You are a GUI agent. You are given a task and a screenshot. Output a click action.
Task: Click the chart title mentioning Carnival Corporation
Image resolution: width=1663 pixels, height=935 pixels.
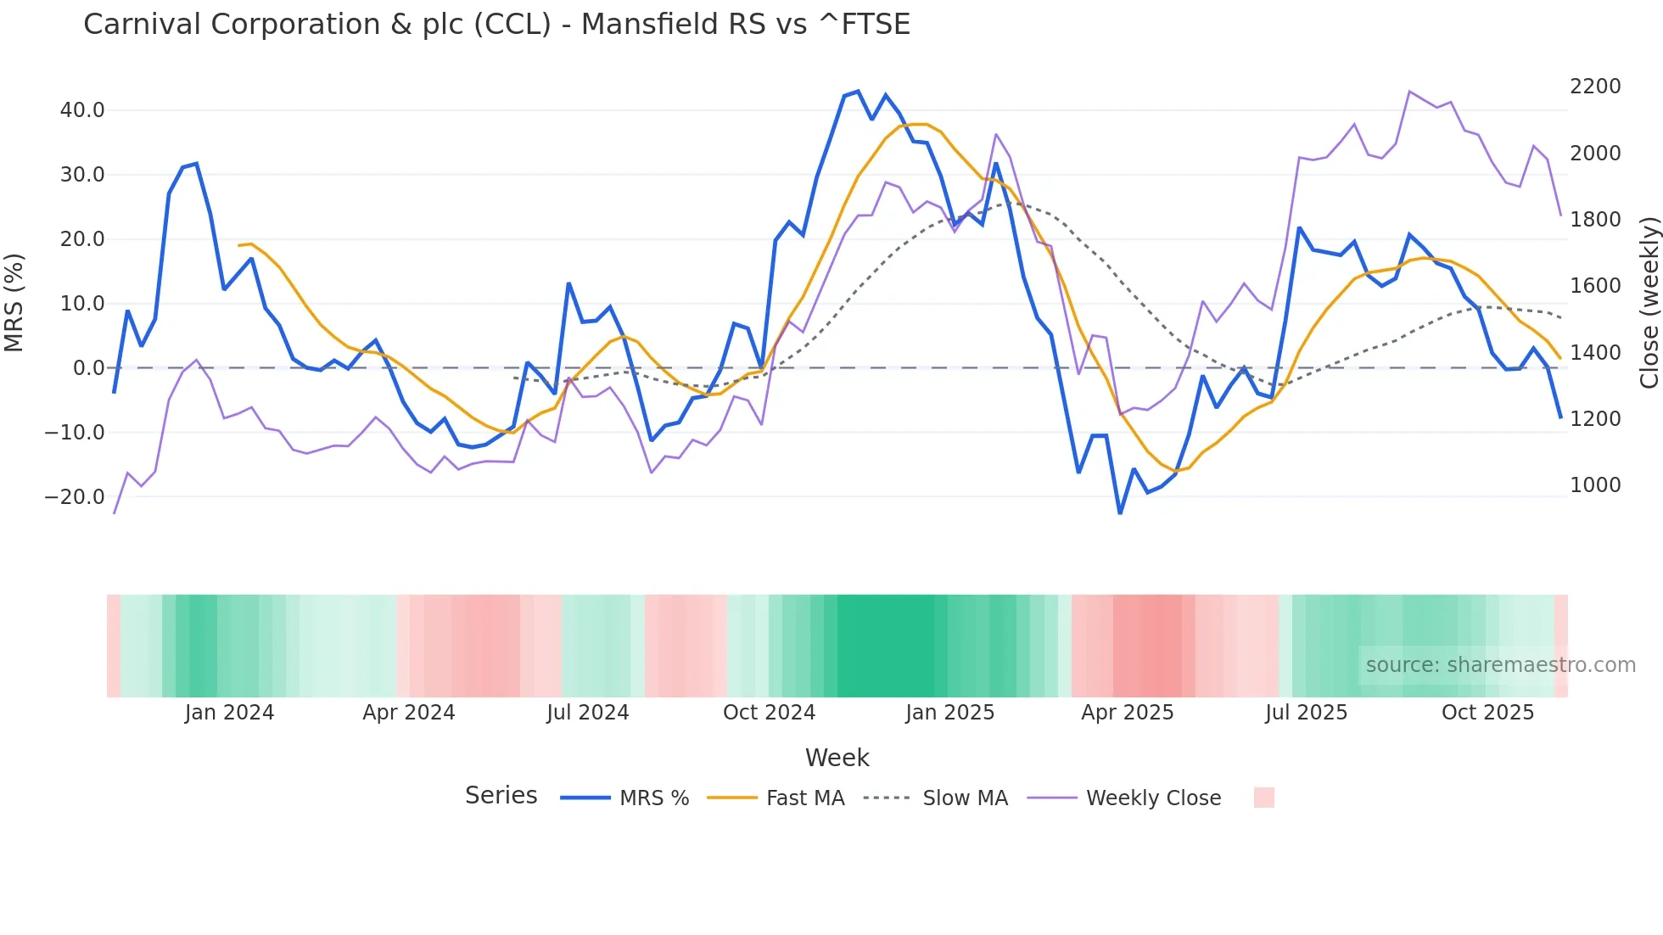(x=496, y=25)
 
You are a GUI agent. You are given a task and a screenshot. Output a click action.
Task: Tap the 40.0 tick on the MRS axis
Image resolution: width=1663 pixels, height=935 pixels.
(x=82, y=110)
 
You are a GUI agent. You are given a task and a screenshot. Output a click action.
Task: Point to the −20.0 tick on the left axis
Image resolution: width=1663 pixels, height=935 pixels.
(x=76, y=497)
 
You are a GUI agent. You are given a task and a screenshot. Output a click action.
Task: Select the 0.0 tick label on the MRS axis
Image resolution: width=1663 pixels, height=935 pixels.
(x=88, y=368)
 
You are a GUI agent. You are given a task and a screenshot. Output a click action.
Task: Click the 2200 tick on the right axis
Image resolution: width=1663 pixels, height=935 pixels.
(x=1595, y=87)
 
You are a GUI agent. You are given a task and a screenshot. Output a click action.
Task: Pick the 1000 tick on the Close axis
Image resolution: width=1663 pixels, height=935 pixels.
(x=1595, y=485)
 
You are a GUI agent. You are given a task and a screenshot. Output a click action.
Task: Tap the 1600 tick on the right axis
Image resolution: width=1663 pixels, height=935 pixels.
(x=1595, y=286)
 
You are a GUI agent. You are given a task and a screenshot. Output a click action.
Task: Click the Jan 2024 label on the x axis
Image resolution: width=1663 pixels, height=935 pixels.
(x=229, y=713)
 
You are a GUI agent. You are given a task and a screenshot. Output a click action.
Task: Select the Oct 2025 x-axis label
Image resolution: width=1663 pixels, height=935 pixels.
(x=1487, y=713)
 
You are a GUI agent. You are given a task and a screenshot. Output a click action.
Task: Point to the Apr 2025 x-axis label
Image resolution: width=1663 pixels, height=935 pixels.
(x=1127, y=713)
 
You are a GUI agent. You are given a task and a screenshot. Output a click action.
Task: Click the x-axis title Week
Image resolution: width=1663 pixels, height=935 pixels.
(x=837, y=758)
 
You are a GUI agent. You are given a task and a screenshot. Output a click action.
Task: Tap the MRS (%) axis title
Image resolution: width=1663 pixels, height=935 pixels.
(x=14, y=302)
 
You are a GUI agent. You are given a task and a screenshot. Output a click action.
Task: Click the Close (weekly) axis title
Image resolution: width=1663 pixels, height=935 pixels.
(x=1649, y=302)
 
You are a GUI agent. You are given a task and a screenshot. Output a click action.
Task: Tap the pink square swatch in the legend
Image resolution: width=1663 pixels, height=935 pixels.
(x=1263, y=798)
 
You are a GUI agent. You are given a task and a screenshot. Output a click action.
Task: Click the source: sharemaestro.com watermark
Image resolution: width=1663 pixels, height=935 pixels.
(x=1500, y=665)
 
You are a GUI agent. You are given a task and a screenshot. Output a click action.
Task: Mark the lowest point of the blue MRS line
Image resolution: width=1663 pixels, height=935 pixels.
(x=1120, y=513)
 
